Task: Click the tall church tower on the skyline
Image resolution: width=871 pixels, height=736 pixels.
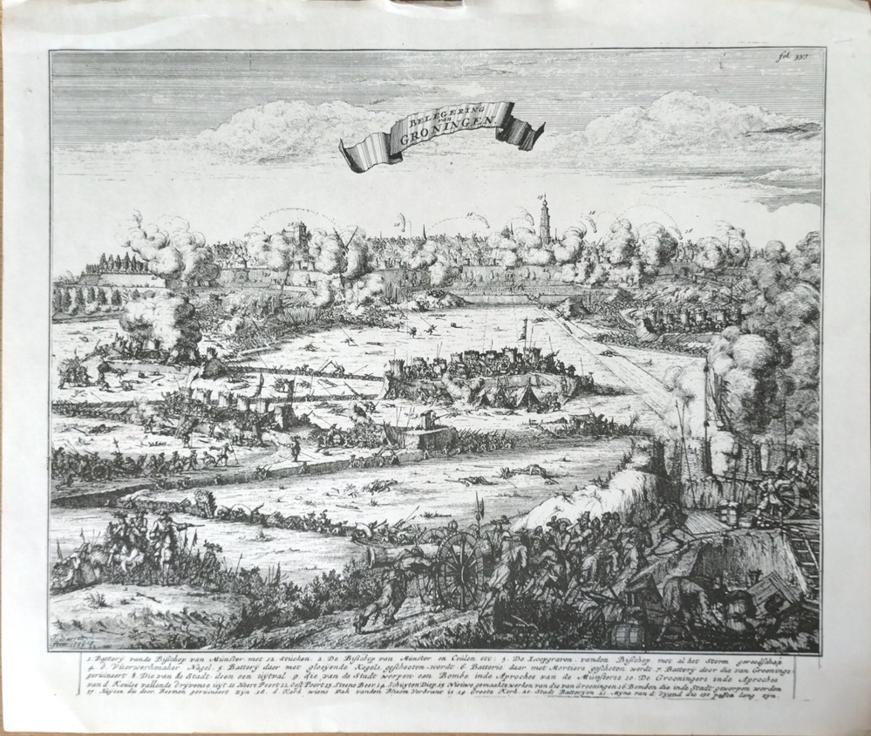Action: pos(545,220)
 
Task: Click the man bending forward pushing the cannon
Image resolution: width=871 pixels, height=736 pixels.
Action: pos(388,593)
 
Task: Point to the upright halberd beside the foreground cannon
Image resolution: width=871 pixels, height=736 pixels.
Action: pos(478,523)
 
